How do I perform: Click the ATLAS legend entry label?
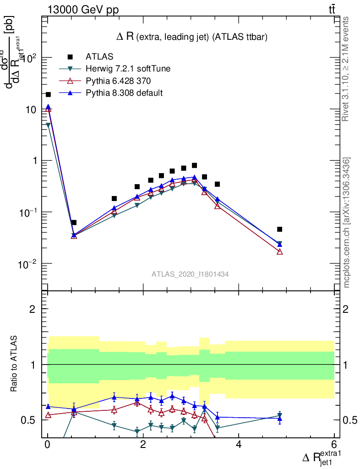(99, 57)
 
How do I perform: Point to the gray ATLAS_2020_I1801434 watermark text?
(190, 274)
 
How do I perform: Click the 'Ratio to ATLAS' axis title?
(15, 365)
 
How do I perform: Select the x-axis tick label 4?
(239, 445)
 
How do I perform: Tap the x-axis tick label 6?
(334, 445)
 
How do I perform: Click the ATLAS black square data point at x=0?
(48, 94)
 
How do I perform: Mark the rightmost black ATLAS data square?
(279, 229)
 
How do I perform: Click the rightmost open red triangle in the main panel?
(279, 252)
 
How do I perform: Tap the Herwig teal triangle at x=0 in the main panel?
(48, 125)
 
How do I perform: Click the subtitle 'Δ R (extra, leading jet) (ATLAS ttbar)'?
(192, 37)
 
